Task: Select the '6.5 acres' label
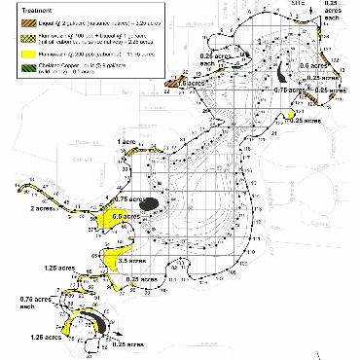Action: [x=126, y=215]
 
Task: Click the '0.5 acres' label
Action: [x=198, y=84]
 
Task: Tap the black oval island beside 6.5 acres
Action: [x=149, y=204]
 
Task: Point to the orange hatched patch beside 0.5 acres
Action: [x=174, y=86]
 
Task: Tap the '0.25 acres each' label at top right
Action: [x=343, y=9]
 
